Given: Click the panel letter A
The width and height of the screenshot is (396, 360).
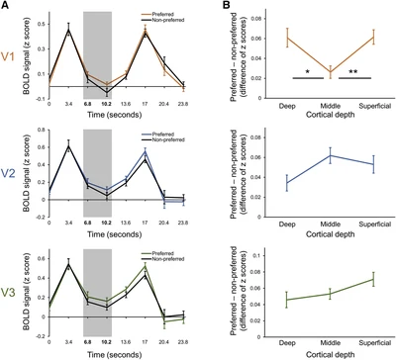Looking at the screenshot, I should pyautogui.click(x=5, y=6).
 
